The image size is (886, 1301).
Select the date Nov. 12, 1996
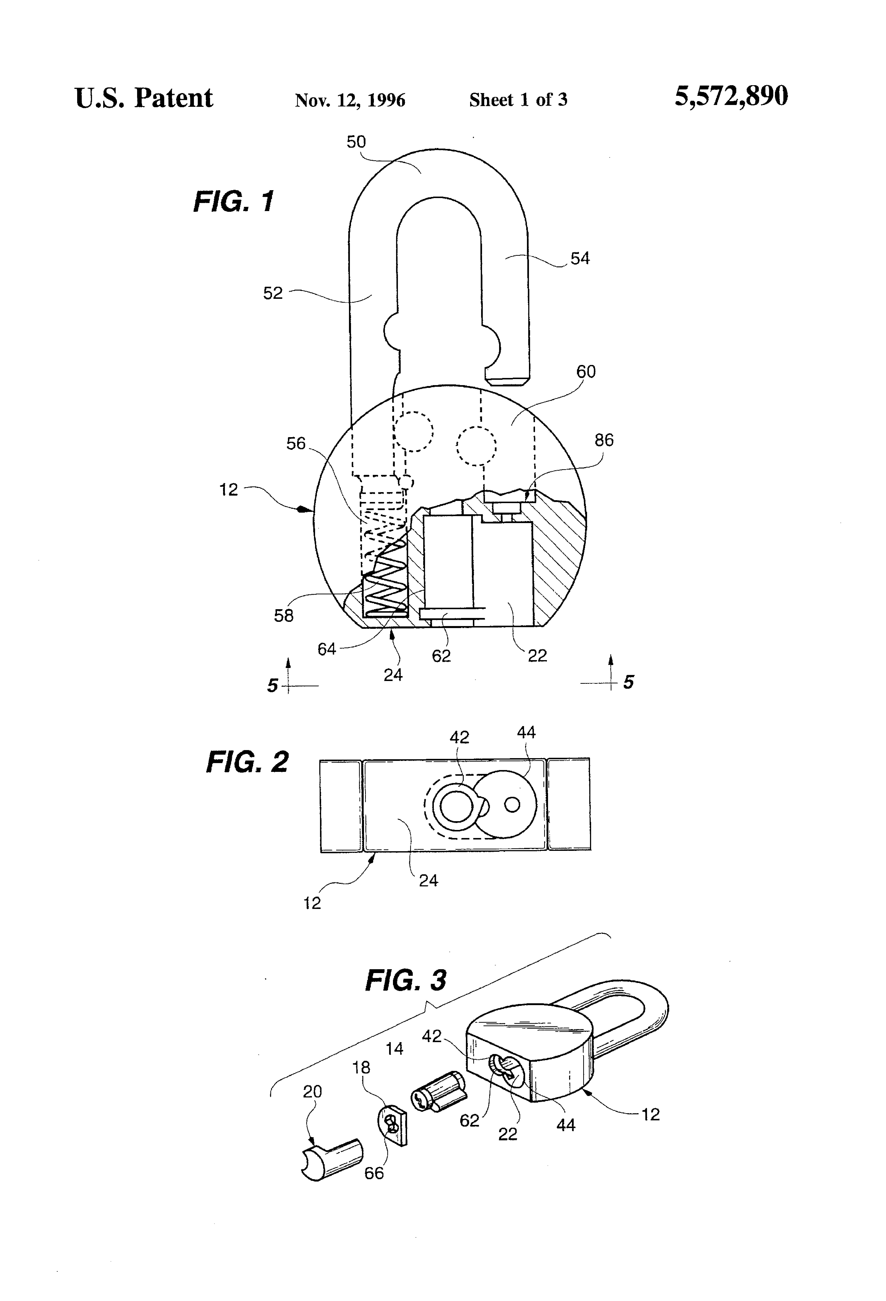click(x=350, y=100)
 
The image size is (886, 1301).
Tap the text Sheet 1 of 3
click(x=518, y=100)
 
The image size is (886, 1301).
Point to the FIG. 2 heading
click(x=248, y=762)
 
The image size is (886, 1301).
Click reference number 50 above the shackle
click(x=356, y=142)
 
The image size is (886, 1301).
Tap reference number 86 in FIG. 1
click(x=604, y=440)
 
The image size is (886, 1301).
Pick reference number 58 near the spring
click(x=283, y=616)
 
